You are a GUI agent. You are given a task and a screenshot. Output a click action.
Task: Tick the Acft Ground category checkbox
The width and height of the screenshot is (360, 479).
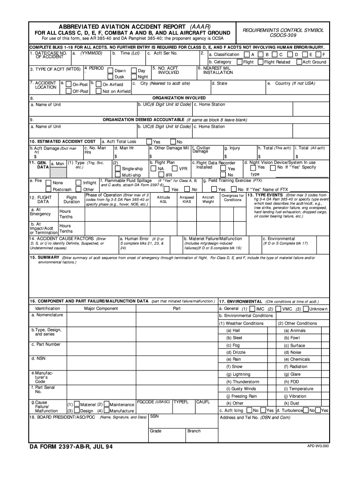click(299, 62)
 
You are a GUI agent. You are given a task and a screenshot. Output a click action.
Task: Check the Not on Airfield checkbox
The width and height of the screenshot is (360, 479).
click(98, 91)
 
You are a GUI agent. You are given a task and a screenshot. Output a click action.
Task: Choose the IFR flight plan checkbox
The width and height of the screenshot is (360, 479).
click(161, 175)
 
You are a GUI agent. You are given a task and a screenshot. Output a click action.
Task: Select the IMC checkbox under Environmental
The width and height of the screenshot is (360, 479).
click(252, 309)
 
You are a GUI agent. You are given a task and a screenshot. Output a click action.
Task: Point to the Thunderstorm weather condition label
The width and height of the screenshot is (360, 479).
click(243, 382)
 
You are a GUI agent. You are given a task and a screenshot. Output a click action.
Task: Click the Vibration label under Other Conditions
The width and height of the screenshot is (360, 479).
click(297, 396)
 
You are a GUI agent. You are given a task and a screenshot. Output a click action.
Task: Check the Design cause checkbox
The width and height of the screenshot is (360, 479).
click(76, 410)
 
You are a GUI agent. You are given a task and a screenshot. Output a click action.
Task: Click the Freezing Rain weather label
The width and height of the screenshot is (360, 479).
click(241, 396)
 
